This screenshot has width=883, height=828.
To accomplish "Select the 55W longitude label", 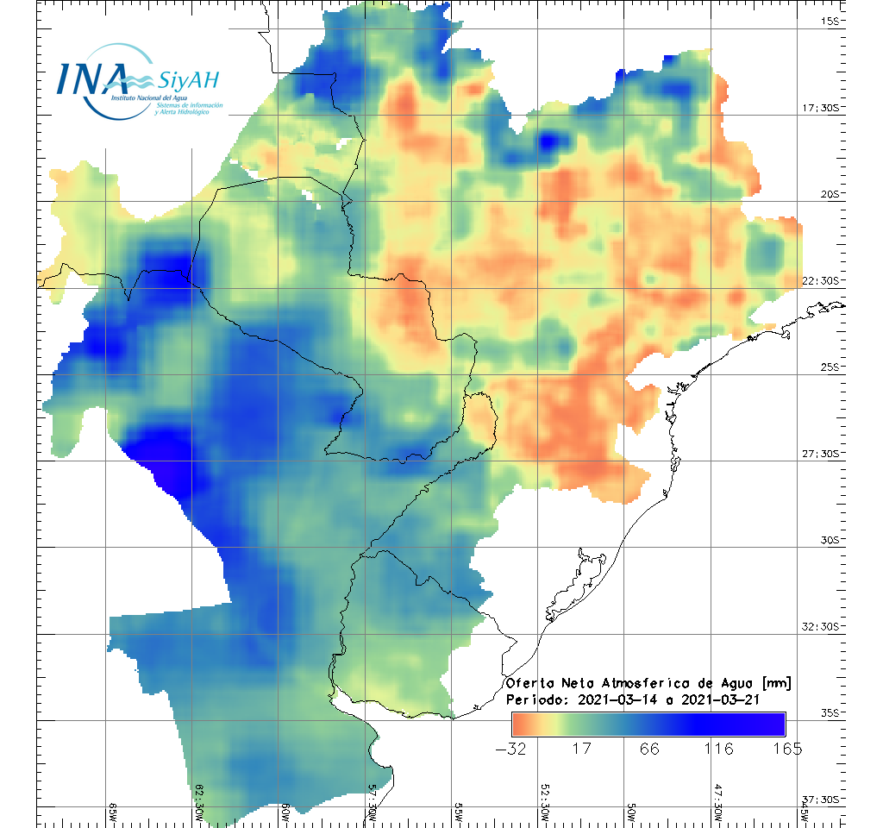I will click(x=459, y=813).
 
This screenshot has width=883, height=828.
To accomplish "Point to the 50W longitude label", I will click(x=631, y=813).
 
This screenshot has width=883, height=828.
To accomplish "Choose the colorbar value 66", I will click(x=649, y=748).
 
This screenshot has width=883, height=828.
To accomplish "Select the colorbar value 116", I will click(x=719, y=748).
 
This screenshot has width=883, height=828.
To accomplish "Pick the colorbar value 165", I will click(x=787, y=748).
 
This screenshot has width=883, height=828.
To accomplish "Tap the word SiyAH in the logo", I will click(x=189, y=81).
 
